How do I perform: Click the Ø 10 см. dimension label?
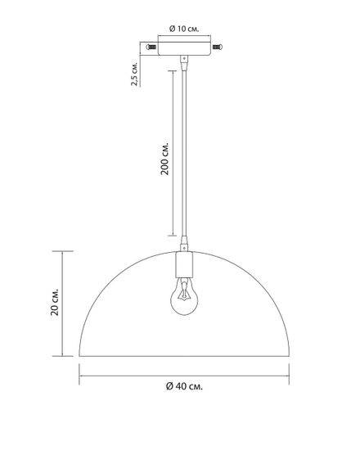184,29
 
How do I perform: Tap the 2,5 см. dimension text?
134,73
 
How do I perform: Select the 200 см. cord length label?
164,158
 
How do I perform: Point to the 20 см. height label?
54,302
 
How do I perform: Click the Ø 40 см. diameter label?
184,386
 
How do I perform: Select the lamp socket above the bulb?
184,264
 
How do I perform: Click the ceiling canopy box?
184,49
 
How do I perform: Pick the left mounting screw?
151,47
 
